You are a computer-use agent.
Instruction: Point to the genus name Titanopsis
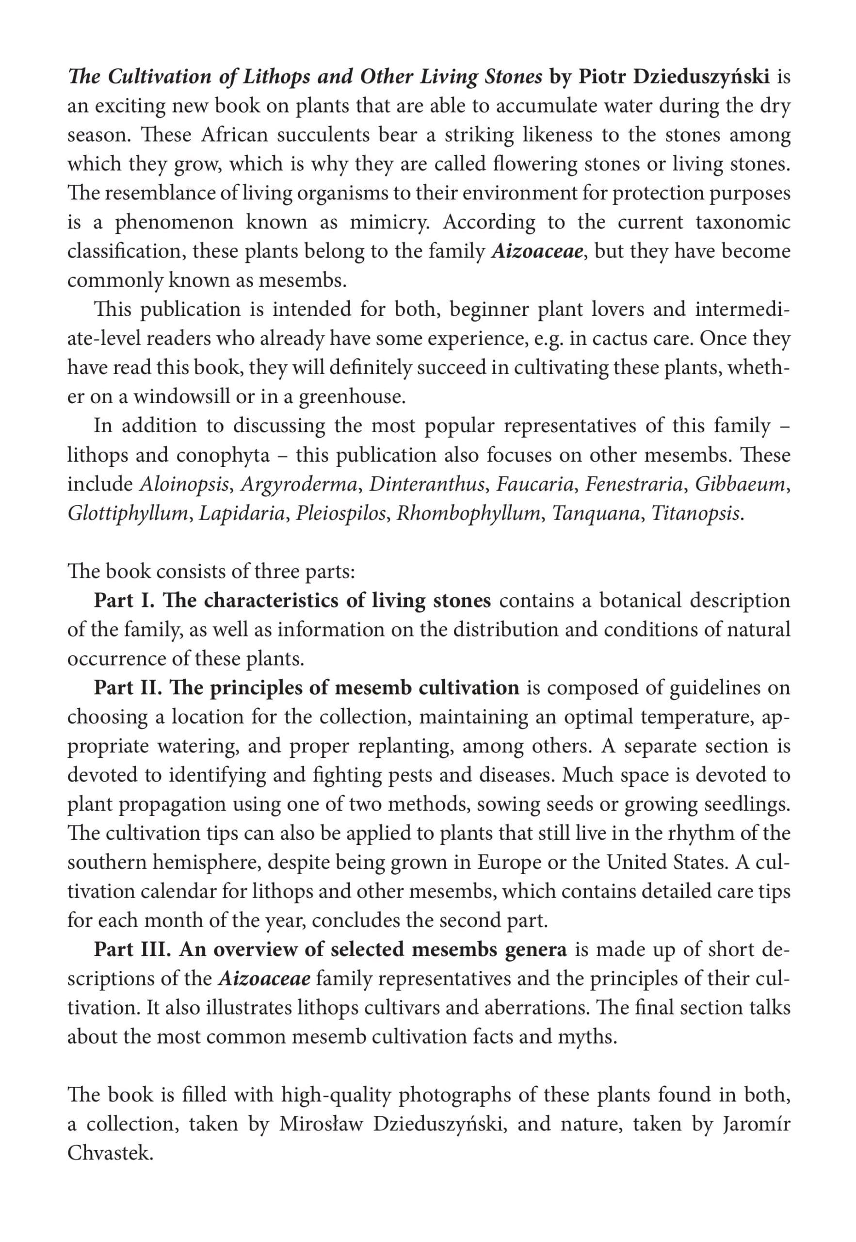[x=697, y=513]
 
